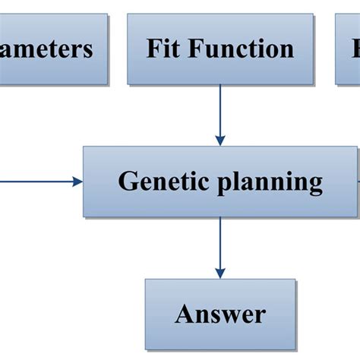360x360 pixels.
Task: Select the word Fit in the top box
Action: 164,49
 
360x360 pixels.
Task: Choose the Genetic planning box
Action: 220,182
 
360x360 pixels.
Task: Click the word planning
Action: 270,183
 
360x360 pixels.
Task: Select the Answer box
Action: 220,313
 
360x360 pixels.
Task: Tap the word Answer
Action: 220,314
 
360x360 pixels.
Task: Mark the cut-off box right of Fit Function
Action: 348,48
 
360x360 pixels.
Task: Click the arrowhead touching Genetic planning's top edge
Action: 220,141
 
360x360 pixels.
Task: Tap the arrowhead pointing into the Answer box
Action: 220,273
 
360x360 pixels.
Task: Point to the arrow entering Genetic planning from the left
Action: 38,182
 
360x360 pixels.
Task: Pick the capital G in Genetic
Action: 127,182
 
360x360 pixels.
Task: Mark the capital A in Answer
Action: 184,314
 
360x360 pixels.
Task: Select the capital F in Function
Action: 197,49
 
